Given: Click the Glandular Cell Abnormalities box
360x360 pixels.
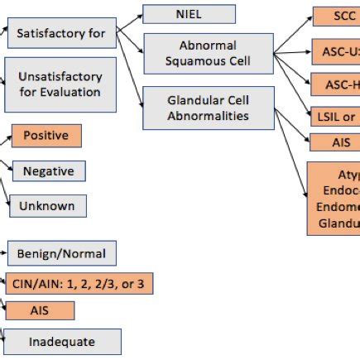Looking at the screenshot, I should (x=207, y=108).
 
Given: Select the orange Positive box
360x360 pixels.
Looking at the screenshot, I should (x=46, y=135).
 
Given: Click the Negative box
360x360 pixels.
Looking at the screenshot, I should (x=48, y=171).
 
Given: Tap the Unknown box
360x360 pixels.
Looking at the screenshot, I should (x=48, y=205).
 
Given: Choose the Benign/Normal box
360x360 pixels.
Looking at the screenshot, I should (x=62, y=252).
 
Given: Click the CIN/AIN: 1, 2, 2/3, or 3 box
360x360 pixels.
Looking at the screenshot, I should (x=79, y=284).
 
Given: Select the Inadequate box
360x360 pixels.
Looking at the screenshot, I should (x=63, y=341).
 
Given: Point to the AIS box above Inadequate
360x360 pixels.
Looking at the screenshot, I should (x=40, y=310).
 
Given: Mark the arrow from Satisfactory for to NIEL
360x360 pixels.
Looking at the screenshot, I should (x=130, y=22).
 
